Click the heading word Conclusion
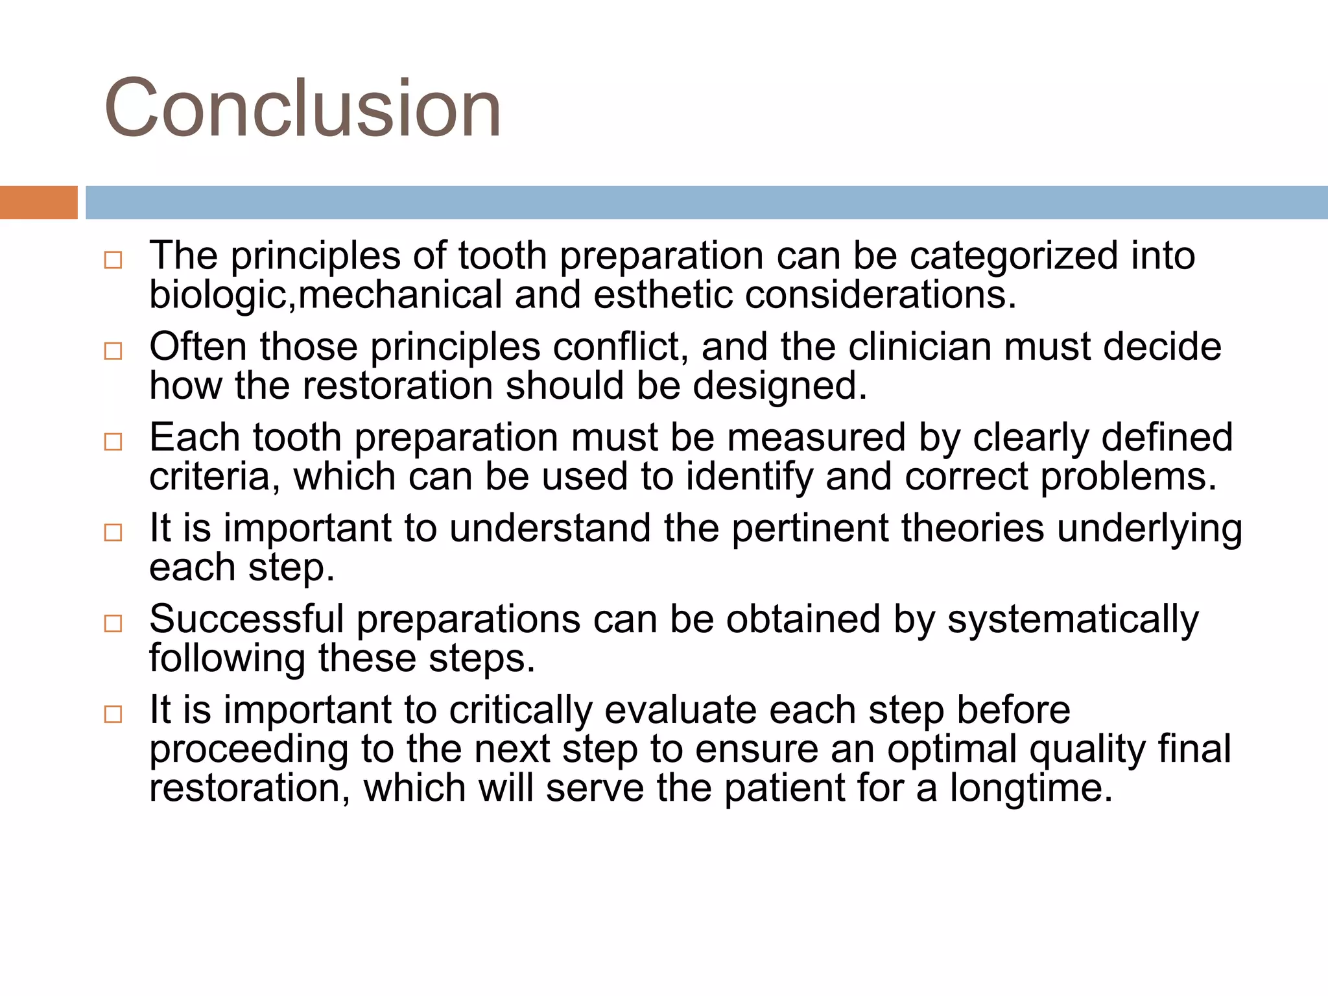pyautogui.click(x=302, y=108)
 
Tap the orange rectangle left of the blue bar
pyautogui.click(x=38, y=202)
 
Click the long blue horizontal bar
pyautogui.click(x=705, y=202)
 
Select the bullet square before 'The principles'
pyautogui.click(x=113, y=261)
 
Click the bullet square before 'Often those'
pyautogui.click(x=113, y=351)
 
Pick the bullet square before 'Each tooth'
pyautogui.click(x=113, y=442)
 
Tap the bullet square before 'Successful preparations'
pyautogui.click(x=113, y=624)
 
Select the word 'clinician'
pyautogui.click(x=919, y=346)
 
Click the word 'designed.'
pyautogui.click(x=779, y=386)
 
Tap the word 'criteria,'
pyautogui.click(x=215, y=477)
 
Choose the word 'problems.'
pyautogui.click(x=1128, y=477)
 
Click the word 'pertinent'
pyautogui.click(x=810, y=528)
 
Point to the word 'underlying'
pyautogui.click(x=1149, y=529)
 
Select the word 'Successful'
pyautogui.click(x=246, y=619)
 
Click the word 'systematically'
pyautogui.click(x=1073, y=620)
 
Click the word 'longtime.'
pyautogui.click(x=1031, y=788)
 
